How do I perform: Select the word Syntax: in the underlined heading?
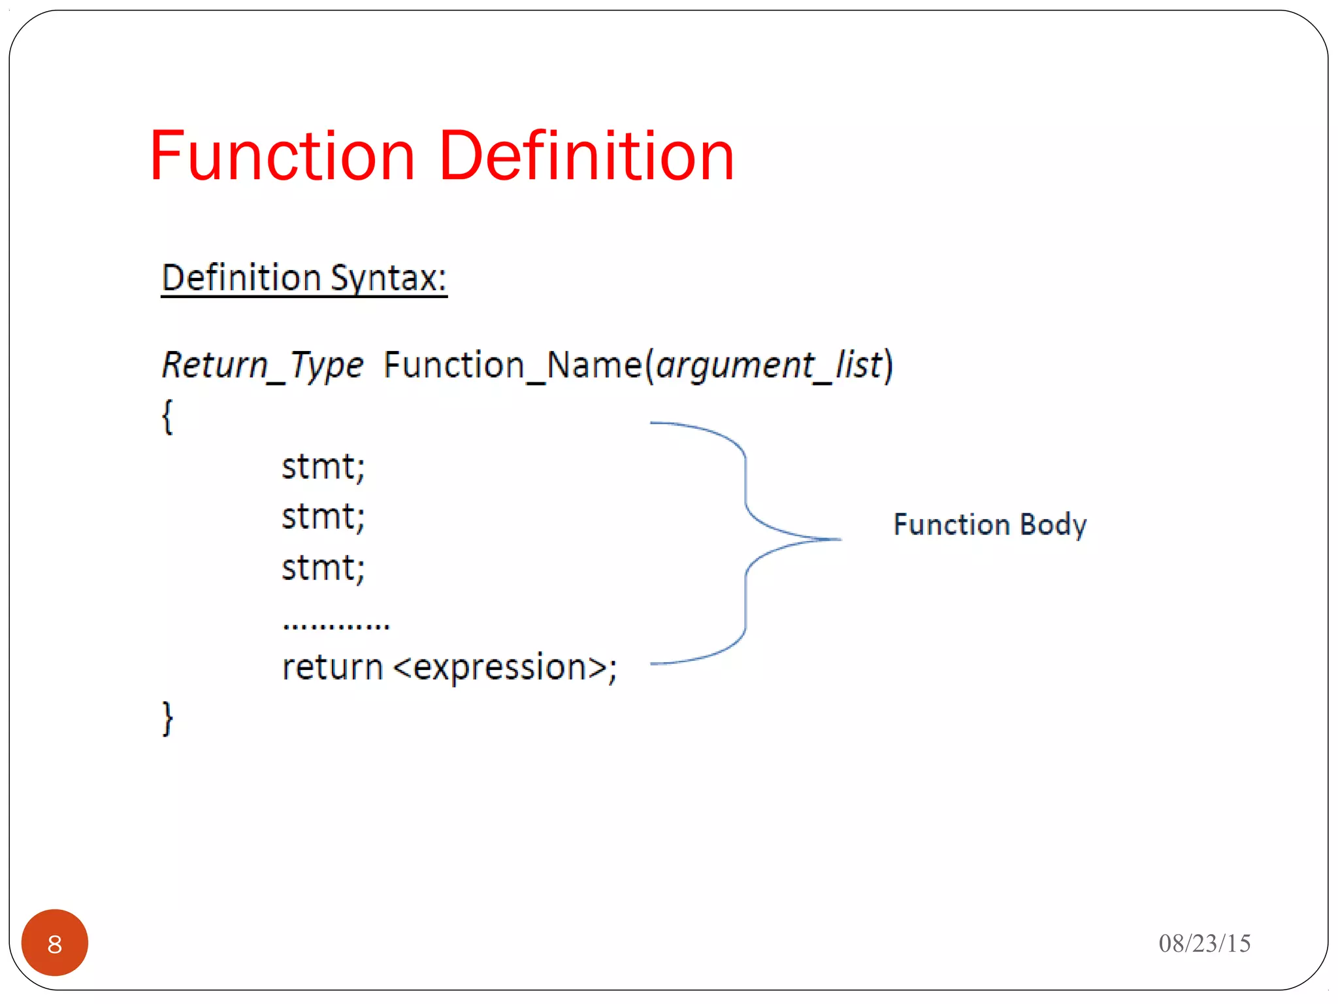pos(388,278)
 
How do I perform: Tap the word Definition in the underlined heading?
pos(241,278)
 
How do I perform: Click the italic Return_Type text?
pos(262,365)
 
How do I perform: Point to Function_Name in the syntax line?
pos(513,365)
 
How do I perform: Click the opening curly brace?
pos(167,416)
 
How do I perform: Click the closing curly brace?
pos(167,718)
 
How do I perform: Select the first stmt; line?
pos(323,467)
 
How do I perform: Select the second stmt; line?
pos(323,516)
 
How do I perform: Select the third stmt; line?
pos(323,567)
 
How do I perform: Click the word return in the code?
pos(332,667)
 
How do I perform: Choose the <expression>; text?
pos(505,667)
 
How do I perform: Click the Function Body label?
pos(990,524)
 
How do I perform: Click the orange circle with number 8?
pos(55,943)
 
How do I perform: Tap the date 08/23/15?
pos(1204,943)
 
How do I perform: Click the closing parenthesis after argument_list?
pos(888,365)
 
